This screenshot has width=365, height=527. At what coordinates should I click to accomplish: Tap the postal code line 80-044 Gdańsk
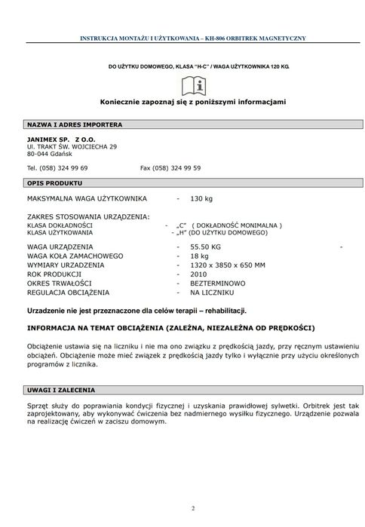click(48, 154)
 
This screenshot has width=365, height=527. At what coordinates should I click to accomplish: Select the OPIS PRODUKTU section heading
click(55, 183)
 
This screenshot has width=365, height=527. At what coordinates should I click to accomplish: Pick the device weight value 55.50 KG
click(205, 247)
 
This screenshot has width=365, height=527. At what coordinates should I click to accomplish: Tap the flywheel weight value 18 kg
click(199, 256)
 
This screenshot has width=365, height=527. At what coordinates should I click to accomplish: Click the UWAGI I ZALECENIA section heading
click(61, 391)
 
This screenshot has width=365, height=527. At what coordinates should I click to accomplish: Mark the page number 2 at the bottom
click(193, 508)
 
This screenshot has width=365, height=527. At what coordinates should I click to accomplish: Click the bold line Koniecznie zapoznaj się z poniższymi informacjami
click(193, 101)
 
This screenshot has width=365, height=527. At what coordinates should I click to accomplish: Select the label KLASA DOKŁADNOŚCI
click(60, 225)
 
